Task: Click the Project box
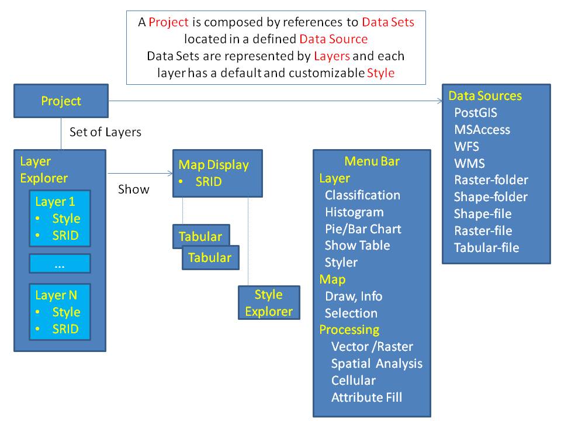click(x=61, y=101)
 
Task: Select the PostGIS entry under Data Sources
click(x=475, y=113)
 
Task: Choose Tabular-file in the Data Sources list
click(x=486, y=247)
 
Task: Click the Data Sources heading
click(x=485, y=96)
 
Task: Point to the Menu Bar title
click(x=372, y=161)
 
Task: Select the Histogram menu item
click(x=354, y=212)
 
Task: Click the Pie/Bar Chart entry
click(x=363, y=229)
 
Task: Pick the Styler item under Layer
click(x=341, y=263)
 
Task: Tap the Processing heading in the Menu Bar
click(x=349, y=330)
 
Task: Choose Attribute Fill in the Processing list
click(x=366, y=398)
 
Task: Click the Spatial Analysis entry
click(x=376, y=364)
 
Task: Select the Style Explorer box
click(x=269, y=303)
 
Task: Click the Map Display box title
click(x=213, y=165)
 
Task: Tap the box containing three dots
click(x=60, y=264)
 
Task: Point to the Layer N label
click(x=56, y=295)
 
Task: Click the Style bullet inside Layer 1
click(x=66, y=219)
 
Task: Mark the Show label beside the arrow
click(x=134, y=189)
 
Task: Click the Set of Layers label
click(x=105, y=132)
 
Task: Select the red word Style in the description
click(x=380, y=73)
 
